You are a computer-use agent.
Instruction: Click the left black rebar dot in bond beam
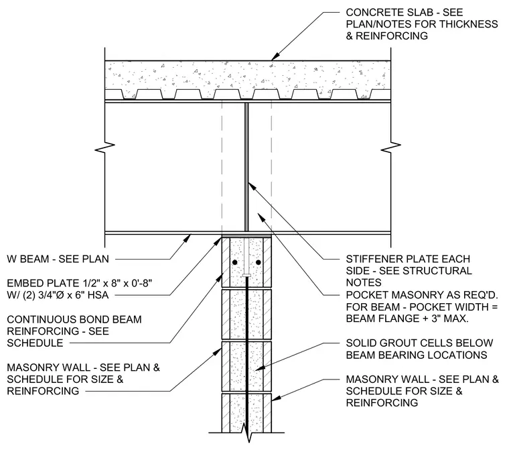pos(234,262)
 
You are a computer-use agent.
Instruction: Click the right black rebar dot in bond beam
pos(259,262)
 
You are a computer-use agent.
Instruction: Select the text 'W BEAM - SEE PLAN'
pos(58,259)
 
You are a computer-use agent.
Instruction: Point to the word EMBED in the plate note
pos(23,283)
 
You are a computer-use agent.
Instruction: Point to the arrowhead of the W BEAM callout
pos(187,238)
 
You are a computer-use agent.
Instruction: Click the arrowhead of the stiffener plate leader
pos(252,186)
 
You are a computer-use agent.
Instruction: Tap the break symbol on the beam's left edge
pos(105,148)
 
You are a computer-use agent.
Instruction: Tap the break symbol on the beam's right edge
pos(391,148)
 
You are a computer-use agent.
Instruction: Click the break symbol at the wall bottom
pos(246,433)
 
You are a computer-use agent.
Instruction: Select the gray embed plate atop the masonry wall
pos(246,236)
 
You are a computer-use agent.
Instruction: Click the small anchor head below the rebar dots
pos(246,276)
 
